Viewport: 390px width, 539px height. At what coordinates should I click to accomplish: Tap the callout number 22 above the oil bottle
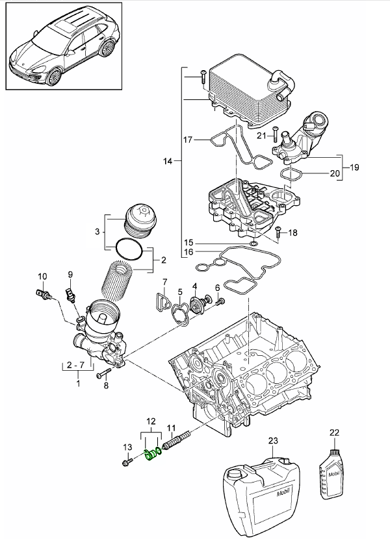point(335,432)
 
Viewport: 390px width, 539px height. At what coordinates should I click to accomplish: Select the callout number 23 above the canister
point(273,441)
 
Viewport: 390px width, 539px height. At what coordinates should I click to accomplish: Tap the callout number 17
point(187,140)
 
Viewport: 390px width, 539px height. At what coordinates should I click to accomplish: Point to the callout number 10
point(42,277)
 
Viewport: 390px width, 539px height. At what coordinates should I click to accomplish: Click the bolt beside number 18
point(278,232)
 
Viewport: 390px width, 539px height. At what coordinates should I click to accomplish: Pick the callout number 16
point(189,251)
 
